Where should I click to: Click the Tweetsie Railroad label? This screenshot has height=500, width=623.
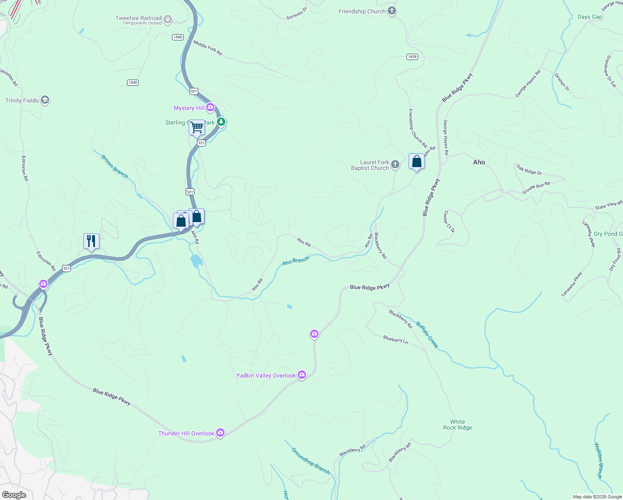pos(138,18)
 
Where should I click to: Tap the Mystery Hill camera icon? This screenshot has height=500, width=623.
pos(210,108)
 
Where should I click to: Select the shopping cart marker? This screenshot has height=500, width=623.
pos(197,127)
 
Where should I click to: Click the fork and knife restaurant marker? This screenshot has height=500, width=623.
pos(91,241)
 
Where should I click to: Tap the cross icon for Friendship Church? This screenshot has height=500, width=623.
pos(391,11)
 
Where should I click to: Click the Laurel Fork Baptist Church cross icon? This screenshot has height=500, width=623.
pos(395,165)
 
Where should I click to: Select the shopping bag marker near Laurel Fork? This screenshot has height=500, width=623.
pos(416,162)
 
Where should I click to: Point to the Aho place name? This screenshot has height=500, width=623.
pos(479,162)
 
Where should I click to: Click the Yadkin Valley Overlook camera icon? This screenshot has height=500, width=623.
pos(302,375)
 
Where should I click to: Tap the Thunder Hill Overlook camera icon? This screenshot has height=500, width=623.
pos(220,433)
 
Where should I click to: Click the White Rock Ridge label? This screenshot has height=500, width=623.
pos(457,425)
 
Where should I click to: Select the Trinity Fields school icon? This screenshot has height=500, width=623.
pos(45,100)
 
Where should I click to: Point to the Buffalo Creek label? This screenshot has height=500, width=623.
pos(427,335)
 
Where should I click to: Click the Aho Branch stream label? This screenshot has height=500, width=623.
pos(296,261)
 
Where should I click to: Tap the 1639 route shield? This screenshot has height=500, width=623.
pos(412,57)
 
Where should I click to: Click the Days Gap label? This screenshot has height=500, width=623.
pos(590,17)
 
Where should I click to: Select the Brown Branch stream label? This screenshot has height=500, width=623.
pos(115,166)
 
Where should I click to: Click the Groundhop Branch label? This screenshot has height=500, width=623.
pos(311,461)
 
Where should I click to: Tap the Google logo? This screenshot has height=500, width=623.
pos(14,495)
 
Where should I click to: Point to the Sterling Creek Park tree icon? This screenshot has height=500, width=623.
pos(221,122)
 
